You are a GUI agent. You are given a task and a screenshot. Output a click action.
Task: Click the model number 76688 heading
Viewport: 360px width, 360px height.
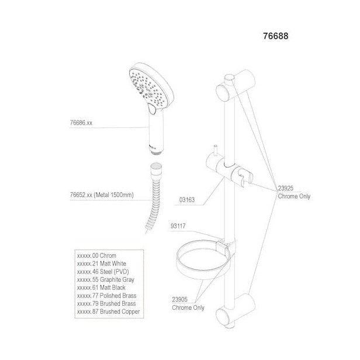(x=275, y=36)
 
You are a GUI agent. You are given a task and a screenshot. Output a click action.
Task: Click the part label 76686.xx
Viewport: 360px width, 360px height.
(x=81, y=123)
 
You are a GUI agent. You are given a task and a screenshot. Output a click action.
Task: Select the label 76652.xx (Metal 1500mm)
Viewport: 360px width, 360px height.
(x=102, y=195)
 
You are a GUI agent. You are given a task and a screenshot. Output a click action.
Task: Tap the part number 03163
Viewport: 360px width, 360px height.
(x=187, y=200)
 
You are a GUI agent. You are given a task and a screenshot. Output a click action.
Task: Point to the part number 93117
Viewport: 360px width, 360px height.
(x=178, y=226)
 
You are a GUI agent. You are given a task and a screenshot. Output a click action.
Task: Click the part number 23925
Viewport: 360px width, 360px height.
(x=286, y=188)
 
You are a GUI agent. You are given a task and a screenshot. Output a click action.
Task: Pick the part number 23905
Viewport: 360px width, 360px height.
(x=180, y=299)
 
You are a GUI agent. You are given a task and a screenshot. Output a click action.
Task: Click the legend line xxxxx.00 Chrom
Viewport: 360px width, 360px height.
(x=96, y=255)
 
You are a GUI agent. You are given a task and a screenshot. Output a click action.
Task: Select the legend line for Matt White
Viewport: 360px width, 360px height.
(x=102, y=264)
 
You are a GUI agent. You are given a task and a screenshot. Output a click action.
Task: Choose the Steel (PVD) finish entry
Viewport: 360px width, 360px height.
(x=103, y=272)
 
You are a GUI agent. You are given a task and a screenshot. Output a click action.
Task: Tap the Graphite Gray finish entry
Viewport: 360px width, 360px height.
(x=106, y=279)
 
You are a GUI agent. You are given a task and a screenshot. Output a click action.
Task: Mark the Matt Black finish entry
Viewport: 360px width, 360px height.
(x=101, y=288)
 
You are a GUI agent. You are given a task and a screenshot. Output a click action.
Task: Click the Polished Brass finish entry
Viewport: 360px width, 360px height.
(x=107, y=296)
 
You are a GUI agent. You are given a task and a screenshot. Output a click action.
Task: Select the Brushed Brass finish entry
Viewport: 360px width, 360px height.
(x=106, y=303)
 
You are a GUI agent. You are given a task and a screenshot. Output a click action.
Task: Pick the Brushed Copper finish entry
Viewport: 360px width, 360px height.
(x=108, y=311)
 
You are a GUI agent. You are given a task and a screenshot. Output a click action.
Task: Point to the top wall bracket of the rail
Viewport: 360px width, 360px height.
(x=236, y=86)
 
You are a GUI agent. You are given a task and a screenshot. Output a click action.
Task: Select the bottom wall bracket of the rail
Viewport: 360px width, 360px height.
(x=236, y=310)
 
